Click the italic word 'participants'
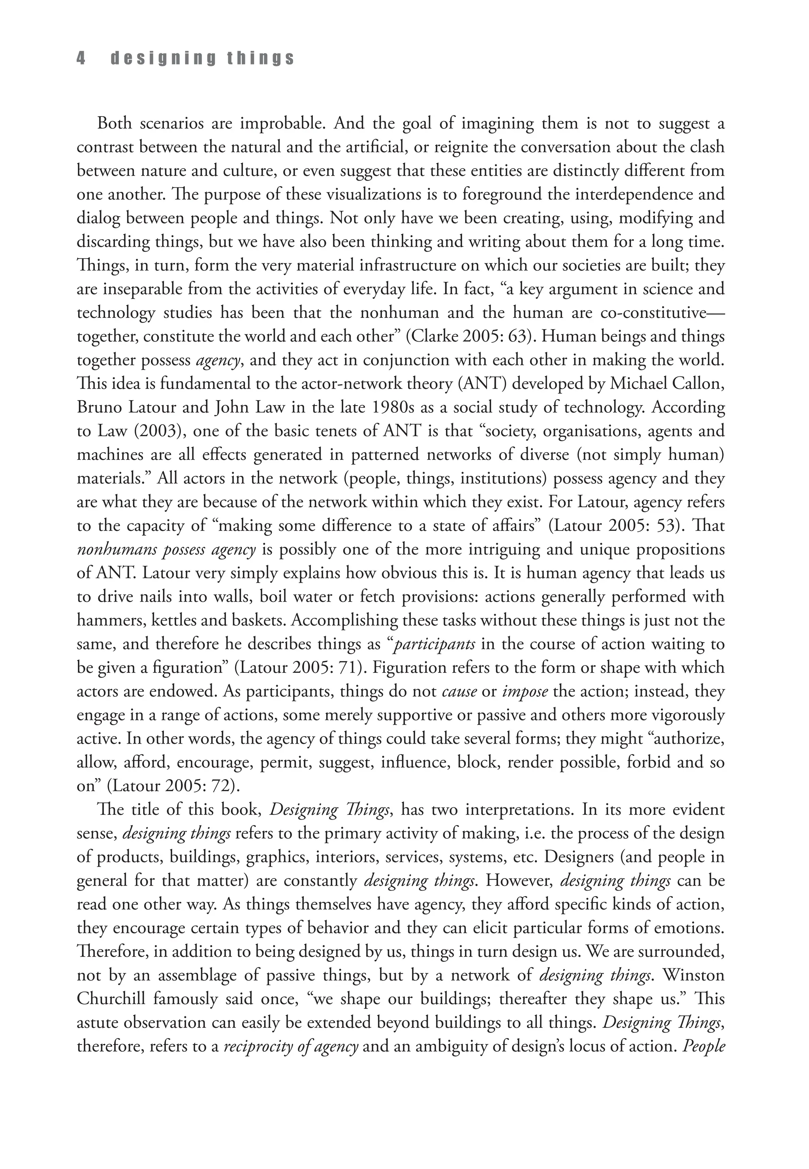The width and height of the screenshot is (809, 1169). click(435, 644)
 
